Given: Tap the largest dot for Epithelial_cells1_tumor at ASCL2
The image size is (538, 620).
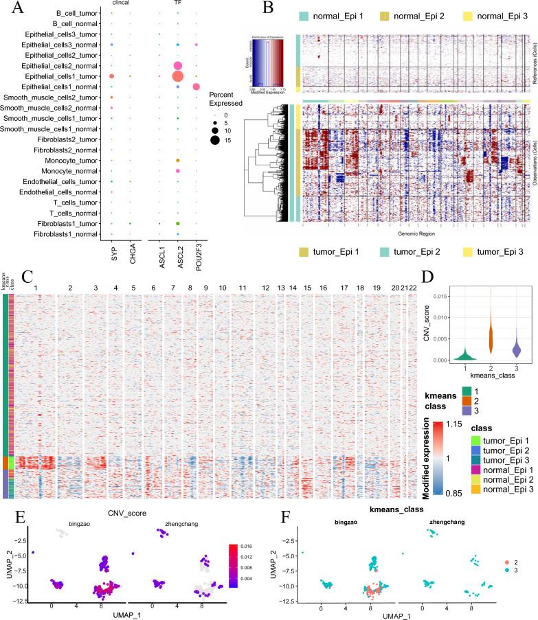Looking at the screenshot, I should pyautogui.click(x=177, y=76).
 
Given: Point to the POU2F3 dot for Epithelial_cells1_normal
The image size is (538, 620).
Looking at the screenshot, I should pyautogui.click(x=197, y=87).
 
